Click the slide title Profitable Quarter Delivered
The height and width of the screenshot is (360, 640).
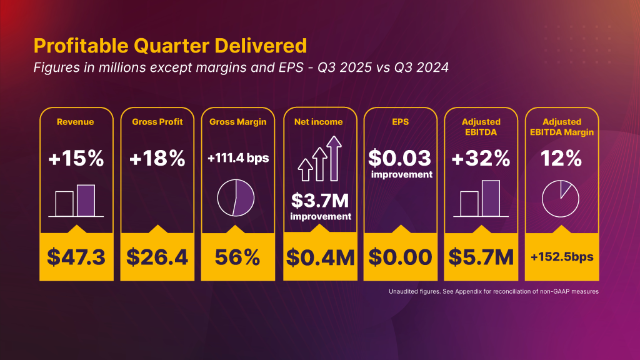(170, 46)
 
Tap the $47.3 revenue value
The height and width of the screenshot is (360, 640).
(76, 257)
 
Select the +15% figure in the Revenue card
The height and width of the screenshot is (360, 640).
(76, 159)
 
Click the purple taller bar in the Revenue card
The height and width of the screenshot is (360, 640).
(86, 201)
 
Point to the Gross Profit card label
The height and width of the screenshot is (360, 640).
(157, 122)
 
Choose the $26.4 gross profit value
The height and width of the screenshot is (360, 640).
(157, 257)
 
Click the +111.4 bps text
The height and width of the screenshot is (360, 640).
(238, 159)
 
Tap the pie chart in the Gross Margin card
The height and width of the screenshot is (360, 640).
(236, 198)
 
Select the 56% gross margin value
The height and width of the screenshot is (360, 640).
(238, 257)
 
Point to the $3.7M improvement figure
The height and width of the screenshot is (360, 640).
(320, 202)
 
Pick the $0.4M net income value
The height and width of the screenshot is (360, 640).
(320, 257)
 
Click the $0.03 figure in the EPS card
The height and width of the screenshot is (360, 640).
(400, 157)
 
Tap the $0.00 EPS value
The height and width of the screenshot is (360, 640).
(400, 257)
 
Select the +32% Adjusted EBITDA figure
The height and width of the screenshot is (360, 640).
(481, 159)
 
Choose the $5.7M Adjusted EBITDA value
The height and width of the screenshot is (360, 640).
(481, 257)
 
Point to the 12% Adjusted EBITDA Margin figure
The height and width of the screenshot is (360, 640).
(561, 159)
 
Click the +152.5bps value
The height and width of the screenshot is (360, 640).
(561, 257)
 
